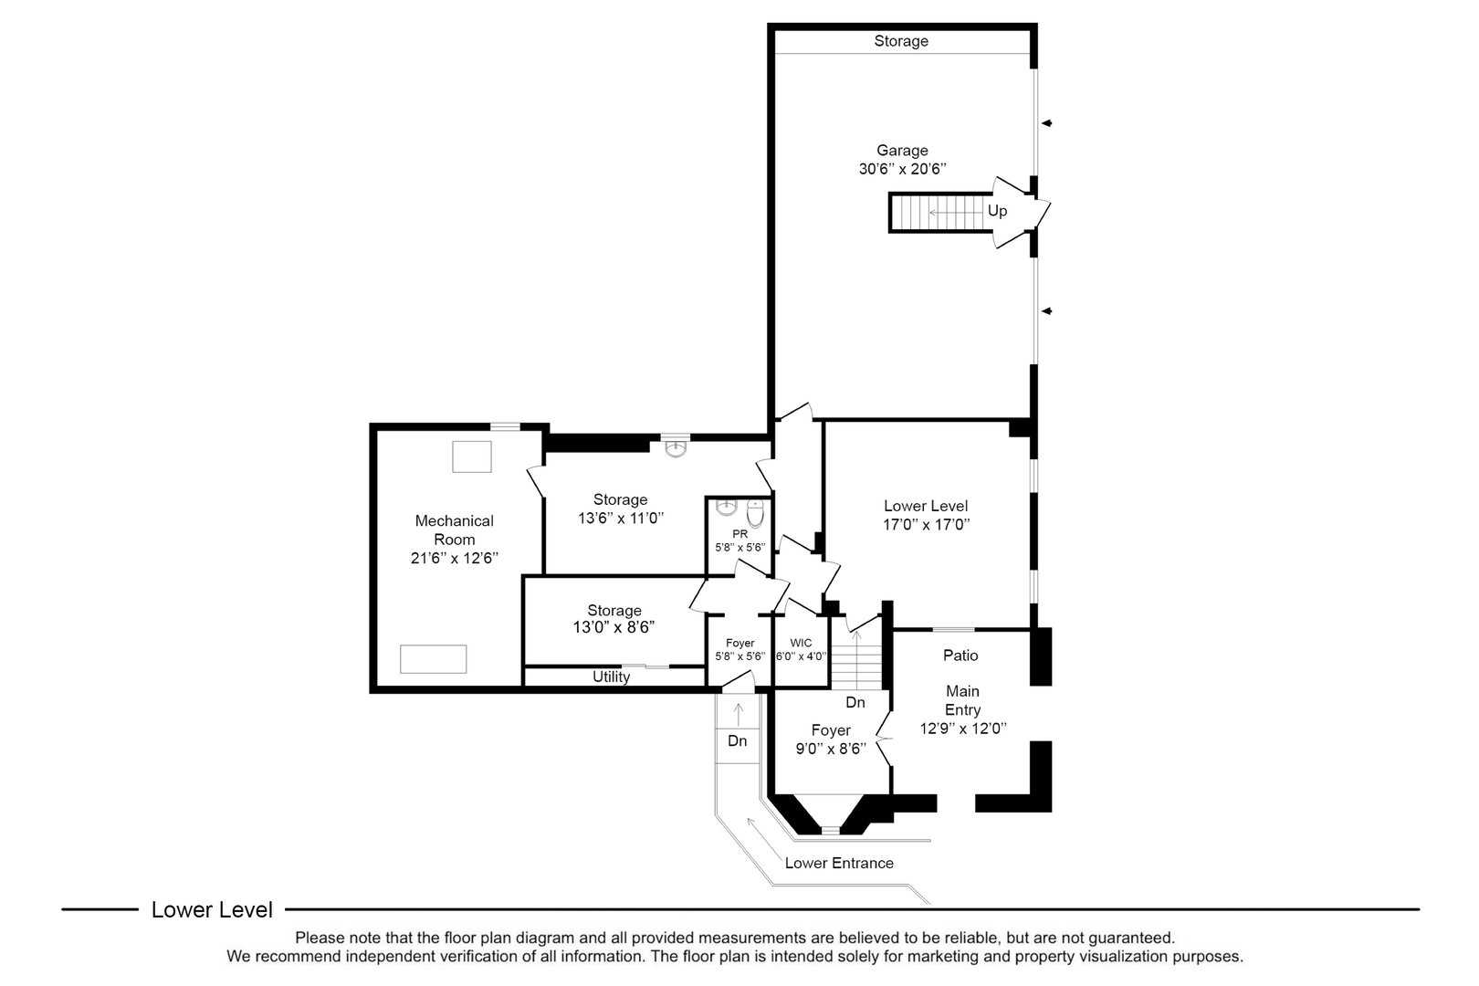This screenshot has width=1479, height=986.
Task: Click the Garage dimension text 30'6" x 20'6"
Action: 901,169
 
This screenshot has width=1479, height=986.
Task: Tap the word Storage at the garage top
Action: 900,41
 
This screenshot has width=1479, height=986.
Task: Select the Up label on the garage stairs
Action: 997,211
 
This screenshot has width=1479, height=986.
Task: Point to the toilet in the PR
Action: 755,509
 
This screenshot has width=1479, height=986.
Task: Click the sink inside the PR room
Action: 727,507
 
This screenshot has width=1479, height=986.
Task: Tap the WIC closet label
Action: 801,643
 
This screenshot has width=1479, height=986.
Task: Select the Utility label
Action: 611,677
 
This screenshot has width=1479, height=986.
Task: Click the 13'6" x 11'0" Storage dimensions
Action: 620,518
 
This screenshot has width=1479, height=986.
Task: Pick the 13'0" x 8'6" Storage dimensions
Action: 614,627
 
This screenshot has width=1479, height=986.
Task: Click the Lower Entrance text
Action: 839,863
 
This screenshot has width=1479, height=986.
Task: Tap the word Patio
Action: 960,655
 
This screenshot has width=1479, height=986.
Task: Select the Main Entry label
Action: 962,700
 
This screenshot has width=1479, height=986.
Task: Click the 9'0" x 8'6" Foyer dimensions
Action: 831,748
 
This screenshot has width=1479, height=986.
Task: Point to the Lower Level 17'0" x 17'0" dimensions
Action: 926,524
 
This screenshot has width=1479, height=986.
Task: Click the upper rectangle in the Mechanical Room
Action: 472,456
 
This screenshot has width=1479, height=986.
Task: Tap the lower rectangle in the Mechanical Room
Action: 434,658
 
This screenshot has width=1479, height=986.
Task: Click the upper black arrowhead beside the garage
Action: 1048,123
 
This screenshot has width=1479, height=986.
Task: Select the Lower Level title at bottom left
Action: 212,909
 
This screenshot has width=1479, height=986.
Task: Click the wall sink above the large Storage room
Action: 675,448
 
